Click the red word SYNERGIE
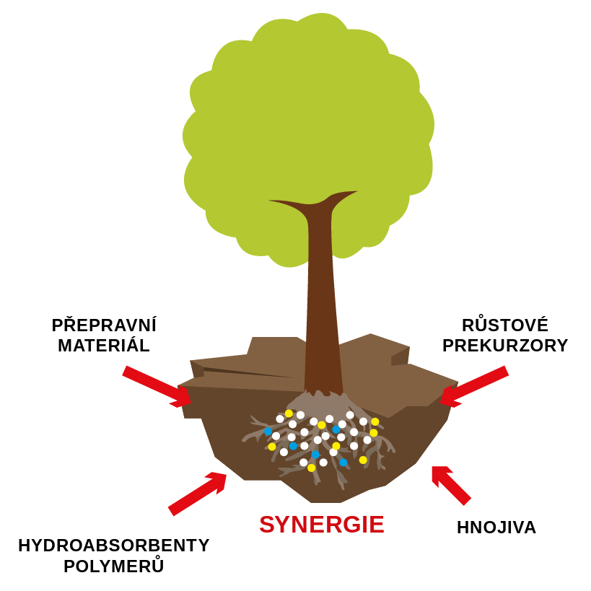[x=321, y=525]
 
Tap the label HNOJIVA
[x=496, y=527]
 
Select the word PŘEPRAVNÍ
[x=104, y=325]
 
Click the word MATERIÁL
[x=104, y=346]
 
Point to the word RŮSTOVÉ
[x=505, y=325]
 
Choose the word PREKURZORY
[x=505, y=346]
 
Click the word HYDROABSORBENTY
[x=114, y=546]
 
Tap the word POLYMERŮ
[x=114, y=566]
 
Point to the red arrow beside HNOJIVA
[x=451, y=485]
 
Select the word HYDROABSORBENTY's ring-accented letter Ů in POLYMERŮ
[x=157, y=566]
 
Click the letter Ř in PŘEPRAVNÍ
[x=71, y=325]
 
